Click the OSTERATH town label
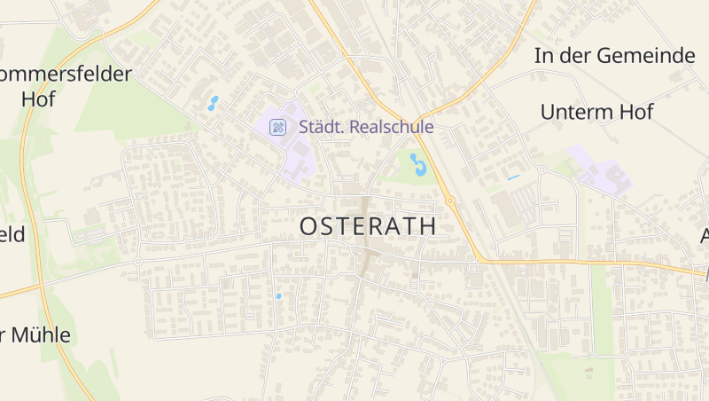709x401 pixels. [368, 226]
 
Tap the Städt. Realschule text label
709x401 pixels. [366, 127]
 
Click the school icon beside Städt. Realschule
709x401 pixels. [278, 127]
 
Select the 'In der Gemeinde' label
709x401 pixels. [614, 55]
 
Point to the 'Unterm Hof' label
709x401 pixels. [596, 112]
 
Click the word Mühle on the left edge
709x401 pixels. [41, 335]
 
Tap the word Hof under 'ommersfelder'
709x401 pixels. [38, 99]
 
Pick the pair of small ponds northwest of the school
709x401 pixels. [213, 103]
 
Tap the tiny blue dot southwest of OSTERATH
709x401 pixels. [278, 295]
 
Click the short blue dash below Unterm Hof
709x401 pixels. [513, 177]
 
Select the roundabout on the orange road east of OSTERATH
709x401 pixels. [450, 201]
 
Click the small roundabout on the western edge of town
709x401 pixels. [138, 261]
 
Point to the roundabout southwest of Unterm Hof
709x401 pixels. [541, 169]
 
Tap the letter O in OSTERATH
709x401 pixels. [308, 226]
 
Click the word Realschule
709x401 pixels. [392, 127]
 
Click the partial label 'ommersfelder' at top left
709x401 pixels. [66, 74]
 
